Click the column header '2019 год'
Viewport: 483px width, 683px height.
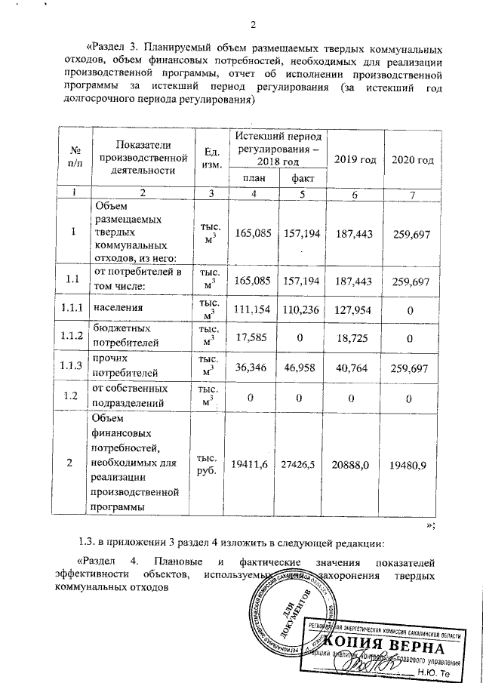[x=355, y=160]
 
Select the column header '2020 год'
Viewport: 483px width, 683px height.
[x=413, y=160]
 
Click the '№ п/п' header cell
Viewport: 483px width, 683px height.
[x=75, y=155]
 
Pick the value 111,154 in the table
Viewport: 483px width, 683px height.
[x=254, y=309]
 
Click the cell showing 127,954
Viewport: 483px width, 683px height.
[x=355, y=309]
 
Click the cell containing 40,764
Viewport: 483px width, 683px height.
[x=355, y=365]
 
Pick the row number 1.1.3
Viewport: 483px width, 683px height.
[x=75, y=365]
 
